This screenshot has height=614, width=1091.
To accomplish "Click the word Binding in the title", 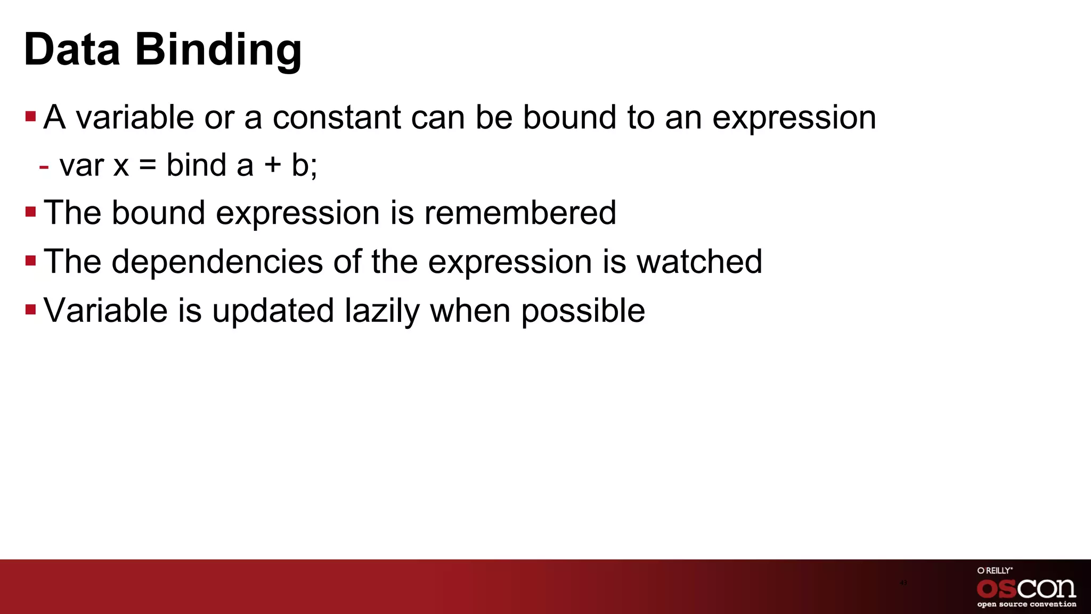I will click(218, 50).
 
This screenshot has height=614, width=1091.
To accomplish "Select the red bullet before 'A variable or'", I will click(30, 116).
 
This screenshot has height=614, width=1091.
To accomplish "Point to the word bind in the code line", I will click(197, 165).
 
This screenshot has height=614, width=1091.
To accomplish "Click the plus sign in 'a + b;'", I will click(272, 165).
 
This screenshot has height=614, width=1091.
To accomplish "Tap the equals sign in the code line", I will click(148, 165).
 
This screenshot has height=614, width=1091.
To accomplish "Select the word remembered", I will click(520, 213).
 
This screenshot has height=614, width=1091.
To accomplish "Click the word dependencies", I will click(217, 262).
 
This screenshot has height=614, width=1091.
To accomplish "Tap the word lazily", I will click(382, 311).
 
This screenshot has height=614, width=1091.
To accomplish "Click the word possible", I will click(583, 311).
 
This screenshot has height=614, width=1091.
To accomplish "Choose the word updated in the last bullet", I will click(273, 311).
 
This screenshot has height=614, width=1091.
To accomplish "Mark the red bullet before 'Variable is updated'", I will click(30, 309).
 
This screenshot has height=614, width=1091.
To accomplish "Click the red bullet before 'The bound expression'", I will click(30, 212).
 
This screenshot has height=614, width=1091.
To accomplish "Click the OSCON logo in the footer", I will click(1026, 588).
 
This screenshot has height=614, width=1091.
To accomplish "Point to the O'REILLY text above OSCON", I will click(995, 570).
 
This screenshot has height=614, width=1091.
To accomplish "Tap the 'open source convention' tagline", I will click(1027, 604).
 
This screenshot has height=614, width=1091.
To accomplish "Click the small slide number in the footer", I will click(903, 583).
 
